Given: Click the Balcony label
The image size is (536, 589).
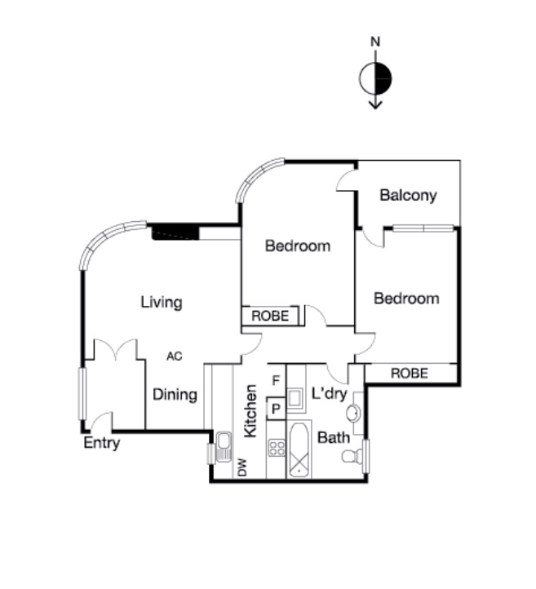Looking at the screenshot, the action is coord(408,196).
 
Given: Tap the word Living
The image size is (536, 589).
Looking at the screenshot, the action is coord(162,303).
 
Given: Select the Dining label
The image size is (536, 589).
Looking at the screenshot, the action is coord(175,395).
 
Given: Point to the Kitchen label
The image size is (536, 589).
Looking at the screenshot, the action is coord(250,411).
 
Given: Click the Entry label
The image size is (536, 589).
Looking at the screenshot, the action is coord(101,443).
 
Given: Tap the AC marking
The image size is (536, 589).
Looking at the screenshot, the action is coord(175,356).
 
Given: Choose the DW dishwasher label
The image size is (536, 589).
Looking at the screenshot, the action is coord(243,467).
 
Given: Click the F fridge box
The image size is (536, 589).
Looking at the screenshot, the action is coord(277,380).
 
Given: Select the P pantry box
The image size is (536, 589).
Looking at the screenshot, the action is coord(277,409).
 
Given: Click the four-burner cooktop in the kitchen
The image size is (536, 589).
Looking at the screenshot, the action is coord(277,449).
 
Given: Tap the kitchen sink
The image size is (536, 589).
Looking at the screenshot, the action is coord(224,446).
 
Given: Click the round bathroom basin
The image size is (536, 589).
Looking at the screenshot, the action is coord(353,414).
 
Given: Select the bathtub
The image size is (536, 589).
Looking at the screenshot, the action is coord(299,449).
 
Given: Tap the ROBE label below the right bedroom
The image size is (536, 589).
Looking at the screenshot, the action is coord(410,374).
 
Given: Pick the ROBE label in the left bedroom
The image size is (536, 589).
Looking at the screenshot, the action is coord(270,316).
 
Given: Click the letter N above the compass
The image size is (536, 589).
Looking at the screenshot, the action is coord(375,42).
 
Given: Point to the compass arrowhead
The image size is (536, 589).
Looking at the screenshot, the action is coord(375,104).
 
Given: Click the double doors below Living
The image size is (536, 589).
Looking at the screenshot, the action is coord(115,348).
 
